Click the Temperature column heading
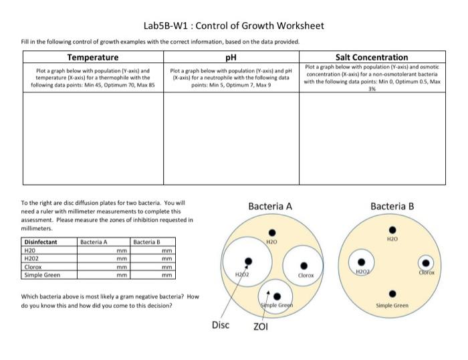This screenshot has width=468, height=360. click(93, 58)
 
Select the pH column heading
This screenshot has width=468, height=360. click(233, 58)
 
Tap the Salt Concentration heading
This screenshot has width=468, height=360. click(374, 58)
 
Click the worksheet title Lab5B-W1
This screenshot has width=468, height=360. click(233, 26)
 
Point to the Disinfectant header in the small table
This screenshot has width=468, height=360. click(41, 242)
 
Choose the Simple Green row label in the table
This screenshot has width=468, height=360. click(42, 274)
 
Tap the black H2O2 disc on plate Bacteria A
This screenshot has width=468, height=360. click(249, 261)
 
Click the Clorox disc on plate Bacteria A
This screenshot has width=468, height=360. click(305, 264)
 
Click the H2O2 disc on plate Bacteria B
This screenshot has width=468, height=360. click(362, 262)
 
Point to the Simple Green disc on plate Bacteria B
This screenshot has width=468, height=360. click(392, 292)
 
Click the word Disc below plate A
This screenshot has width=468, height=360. click(221, 325)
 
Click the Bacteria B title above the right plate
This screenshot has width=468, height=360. click(392, 205)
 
